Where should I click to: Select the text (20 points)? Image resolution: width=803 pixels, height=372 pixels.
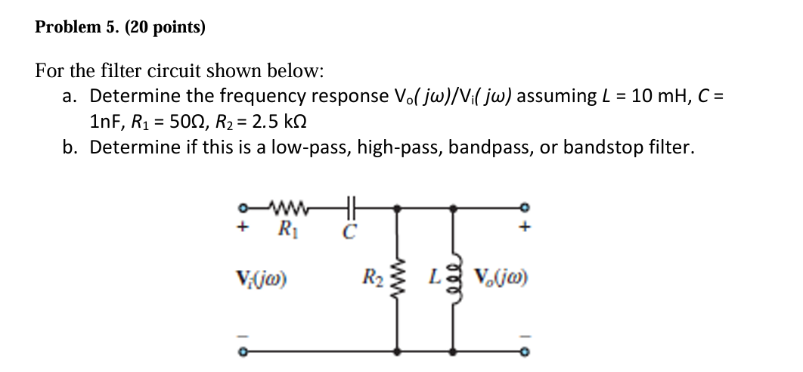coord(165,28)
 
